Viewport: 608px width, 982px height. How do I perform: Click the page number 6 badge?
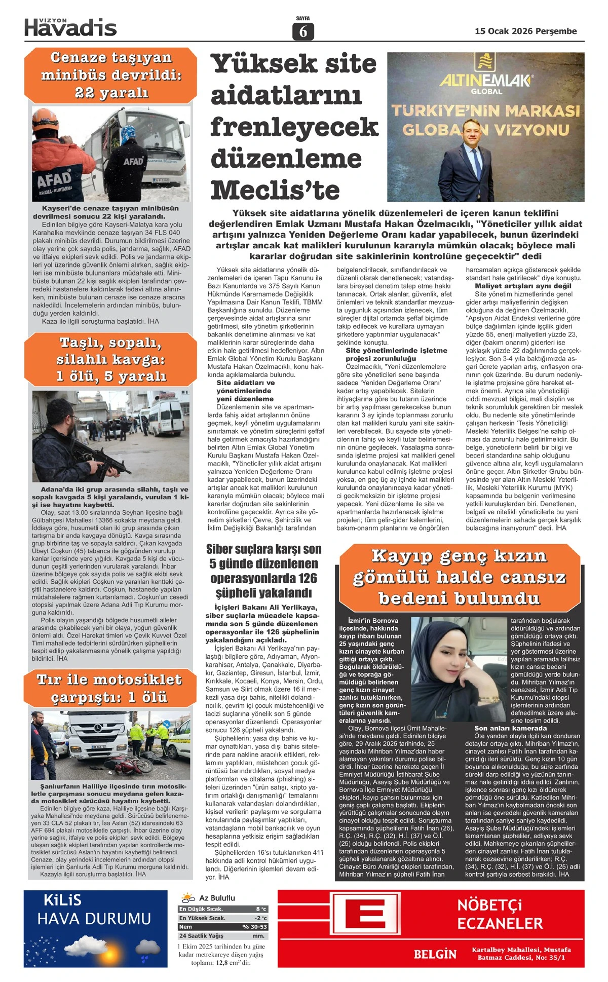tap(303, 31)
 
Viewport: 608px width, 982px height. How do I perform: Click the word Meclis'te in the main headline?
tap(275, 190)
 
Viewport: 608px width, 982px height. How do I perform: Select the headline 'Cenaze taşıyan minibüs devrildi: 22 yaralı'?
tap(111, 75)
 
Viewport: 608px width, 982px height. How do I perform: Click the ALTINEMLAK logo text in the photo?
tap(485, 81)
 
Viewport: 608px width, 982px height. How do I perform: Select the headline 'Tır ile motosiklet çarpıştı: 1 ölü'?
tap(109, 688)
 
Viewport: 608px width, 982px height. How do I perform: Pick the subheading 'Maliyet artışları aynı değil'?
tap(523, 286)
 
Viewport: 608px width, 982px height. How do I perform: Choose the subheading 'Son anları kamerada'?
tap(510, 728)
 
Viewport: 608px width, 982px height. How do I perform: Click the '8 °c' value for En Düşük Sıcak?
tap(261, 909)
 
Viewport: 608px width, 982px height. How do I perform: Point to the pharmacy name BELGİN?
tap(435, 954)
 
